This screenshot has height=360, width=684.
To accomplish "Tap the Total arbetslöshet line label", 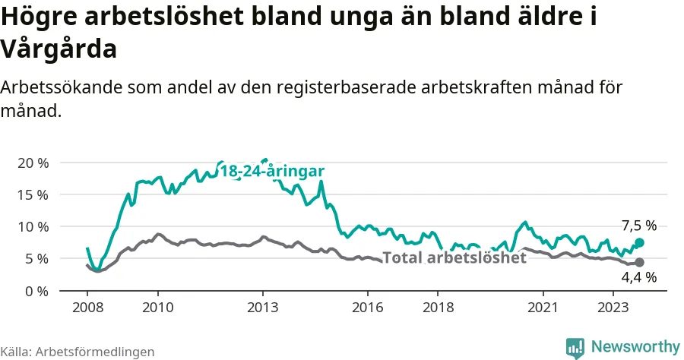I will pyautogui.click(x=454, y=257).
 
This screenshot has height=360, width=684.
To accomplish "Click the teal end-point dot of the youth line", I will pyautogui.click(x=639, y=242).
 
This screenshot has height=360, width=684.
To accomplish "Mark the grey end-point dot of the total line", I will pyautogui.click(x=639, y=262).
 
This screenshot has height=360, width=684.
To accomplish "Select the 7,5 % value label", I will pyautogui.click(x=638, y=226).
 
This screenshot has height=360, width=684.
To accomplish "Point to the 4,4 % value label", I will pyautogui.click(x=638, y=278).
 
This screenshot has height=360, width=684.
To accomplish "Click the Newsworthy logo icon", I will pyautogui.click(x=575, y=347).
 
